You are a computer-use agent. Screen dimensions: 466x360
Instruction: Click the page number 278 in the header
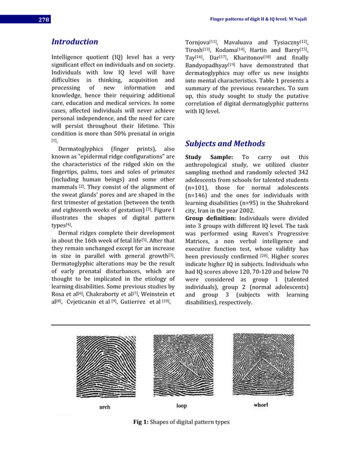coord(44,20)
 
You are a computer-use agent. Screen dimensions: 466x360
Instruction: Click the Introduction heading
coord(74,42)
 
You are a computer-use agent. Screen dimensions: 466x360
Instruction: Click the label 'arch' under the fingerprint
coord(105,406)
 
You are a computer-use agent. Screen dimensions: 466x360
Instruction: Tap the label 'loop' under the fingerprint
coord(181,406)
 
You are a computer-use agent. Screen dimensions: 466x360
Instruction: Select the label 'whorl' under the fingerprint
coord(261,405)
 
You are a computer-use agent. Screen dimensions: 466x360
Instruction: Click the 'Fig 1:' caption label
coord(139,422)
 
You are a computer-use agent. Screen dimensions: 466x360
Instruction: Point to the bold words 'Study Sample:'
coord(209,157)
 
